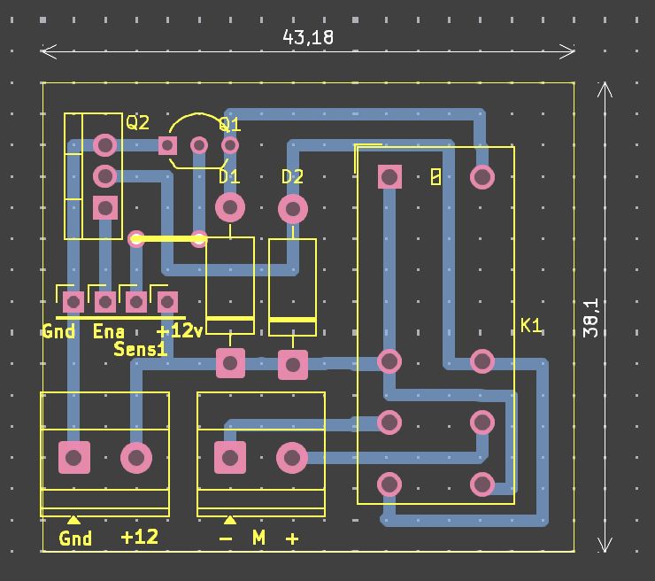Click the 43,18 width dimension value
pyautogui.click(x=308, y=37)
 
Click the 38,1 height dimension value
pyautogui.click(x=591, y=317)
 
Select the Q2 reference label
pyautogui.click(x=138, y=122)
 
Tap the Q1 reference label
pyautogui.click(x=229, y=124)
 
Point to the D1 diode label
pyautogui.click(x=229, y=177)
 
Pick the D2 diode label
pyautogui.click(x=292, y=177)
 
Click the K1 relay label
pyautogui.click(x=531, y=326)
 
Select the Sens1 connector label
pyautogui.click(x=141, y=349)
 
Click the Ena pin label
pyautogui.click(x=108, y=331)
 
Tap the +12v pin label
pyautogui.click(x=180, y=331)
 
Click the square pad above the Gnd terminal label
pyautogui.click(x=74, y=458)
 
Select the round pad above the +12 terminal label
pyautogui.click(x=136, y=458)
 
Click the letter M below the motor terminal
pyautogui.click(x=258, y=538)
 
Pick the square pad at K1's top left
pyautogui.click(x=389, y=177)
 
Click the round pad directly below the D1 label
pyautogui.click(x=230, y=208)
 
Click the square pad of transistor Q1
pyautogui.click(x=168, y=145)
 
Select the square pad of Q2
pyautogui.click(x=105, y=207)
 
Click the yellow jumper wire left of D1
pyautogui.click(x=167, y=238)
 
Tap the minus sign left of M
pyautogui.click(x=227, y=538)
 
